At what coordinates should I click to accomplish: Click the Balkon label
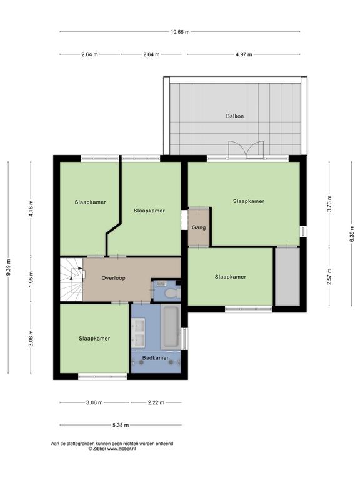point(235,116)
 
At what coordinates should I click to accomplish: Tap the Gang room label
point(199,227)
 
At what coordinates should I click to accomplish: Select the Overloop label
point(114,278)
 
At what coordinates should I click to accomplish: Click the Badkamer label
point(156,358)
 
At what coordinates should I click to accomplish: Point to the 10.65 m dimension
point(180,31)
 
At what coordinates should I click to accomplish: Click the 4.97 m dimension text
point(244,54)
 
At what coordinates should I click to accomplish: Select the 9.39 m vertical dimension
point(9,267)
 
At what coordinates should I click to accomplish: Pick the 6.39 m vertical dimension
point(352,234)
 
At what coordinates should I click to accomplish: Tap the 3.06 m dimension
point(94,402)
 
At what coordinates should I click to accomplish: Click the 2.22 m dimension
point(156,402)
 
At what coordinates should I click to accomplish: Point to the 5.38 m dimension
point(121,425)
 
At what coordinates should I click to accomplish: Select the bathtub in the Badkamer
point(171,326)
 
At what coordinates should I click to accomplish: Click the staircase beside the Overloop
point(71,279)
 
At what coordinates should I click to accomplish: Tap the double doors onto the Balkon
point(246,150)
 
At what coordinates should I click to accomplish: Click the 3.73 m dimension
point(329,204)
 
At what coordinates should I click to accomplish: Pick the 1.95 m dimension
point(31,280)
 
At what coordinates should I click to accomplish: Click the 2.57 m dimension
point(329,277)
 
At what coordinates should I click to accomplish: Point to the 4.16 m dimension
point(31,209)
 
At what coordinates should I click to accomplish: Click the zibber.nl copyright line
point(112,449)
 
